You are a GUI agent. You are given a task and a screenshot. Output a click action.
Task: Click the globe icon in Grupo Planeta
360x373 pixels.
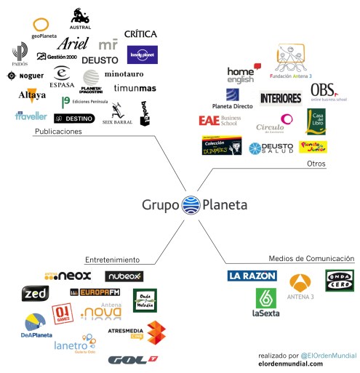pyautogui.click(x=191, y=204)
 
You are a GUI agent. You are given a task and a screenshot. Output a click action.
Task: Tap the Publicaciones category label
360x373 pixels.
pyautogui.click(x=57, y=132)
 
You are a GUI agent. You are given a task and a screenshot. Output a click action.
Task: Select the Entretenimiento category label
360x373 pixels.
pyautogui.click(x=112, y=259)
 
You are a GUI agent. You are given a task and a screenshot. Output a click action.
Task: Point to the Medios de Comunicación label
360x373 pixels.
pyautogui.click(x=311, y=258)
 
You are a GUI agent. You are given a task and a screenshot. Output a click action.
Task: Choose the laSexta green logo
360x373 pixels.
pyautogui.click(x=266, y=302)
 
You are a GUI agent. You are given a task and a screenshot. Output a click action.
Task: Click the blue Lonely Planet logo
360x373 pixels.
pyautogui.click(x=142, y=55)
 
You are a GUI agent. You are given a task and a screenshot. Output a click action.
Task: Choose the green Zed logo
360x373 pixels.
pyautogui.click(x=36, y=293)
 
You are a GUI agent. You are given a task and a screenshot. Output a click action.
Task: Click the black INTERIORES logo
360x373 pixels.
pyautogui.click(x=281, y=98)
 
